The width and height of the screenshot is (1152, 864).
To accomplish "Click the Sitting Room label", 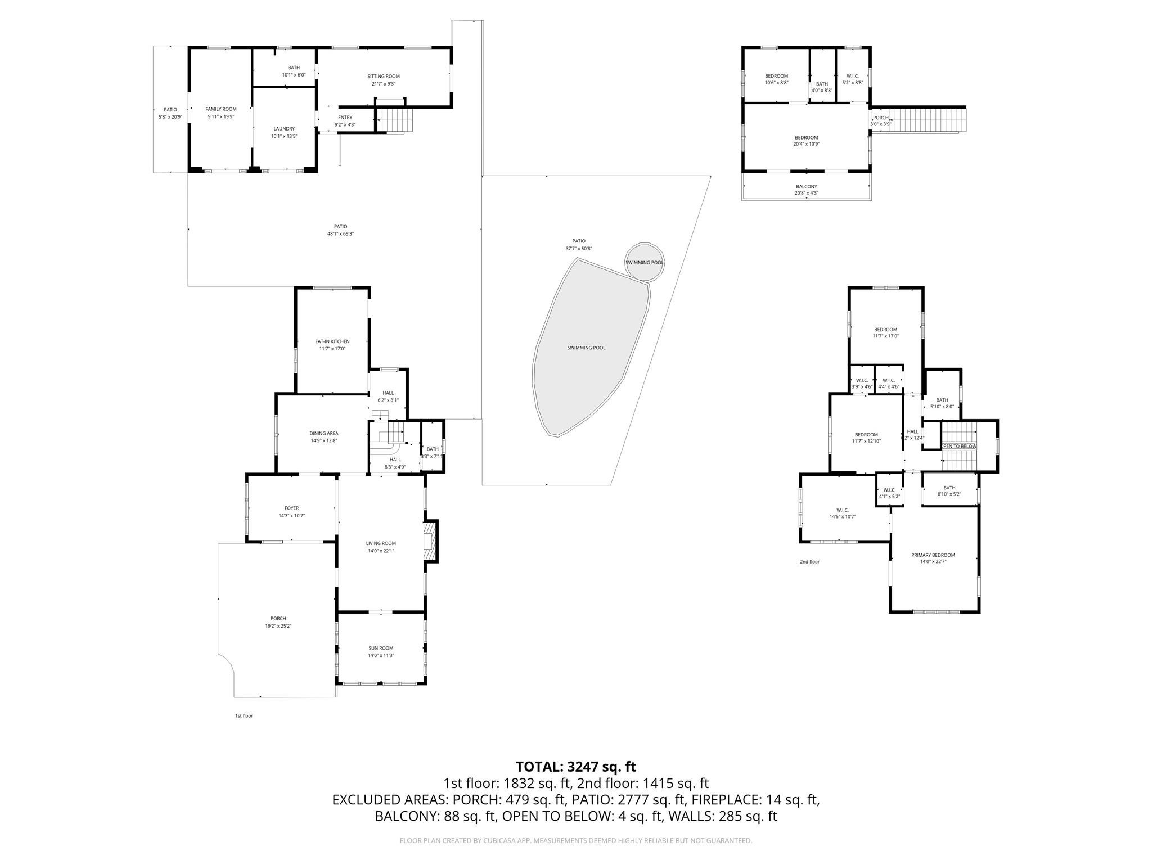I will [384, 76].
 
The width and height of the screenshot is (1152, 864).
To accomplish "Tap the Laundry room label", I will [284, 129].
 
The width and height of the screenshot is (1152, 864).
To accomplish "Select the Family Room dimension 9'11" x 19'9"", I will [221, 116].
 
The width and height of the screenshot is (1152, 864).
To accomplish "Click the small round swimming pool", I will [645, 262].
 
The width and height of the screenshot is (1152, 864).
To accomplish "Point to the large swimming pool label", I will [586, 348].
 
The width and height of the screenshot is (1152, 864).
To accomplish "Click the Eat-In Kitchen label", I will [332, 341].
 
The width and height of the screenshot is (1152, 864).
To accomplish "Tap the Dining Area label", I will [324, 433].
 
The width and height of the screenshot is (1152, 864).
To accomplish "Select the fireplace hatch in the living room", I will [430, 541].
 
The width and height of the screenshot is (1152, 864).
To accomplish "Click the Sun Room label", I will [381, 648].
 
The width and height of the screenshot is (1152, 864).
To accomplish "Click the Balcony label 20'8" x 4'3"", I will [806, 190].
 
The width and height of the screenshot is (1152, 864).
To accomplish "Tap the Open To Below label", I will [958, 446].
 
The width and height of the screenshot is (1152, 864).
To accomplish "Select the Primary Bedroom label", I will [933, 555].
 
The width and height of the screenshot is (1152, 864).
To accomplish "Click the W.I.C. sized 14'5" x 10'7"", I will [843, 513].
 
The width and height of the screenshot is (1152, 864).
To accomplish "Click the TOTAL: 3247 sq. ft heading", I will [575, 767].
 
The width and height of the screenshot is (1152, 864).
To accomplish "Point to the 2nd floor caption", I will [809, 561].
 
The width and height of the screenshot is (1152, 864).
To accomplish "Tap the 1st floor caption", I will [244, 716].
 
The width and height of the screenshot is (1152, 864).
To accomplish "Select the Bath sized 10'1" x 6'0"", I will [294, 71].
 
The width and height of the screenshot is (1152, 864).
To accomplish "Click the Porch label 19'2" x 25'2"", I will [278, 622].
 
